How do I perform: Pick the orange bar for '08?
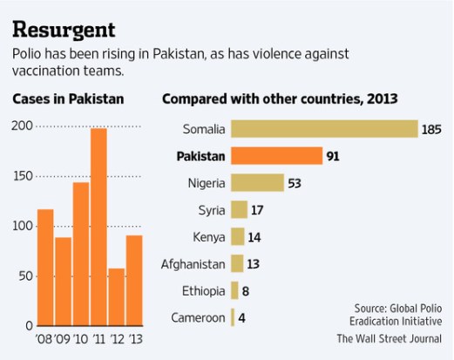(45, 267)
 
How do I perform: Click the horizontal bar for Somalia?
(324, 129)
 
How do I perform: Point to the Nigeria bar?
(258, 183)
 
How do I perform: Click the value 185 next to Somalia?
(433, 130)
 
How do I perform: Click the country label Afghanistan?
(193, 263)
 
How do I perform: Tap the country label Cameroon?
(198, 317)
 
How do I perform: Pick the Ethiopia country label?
(204, 290)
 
